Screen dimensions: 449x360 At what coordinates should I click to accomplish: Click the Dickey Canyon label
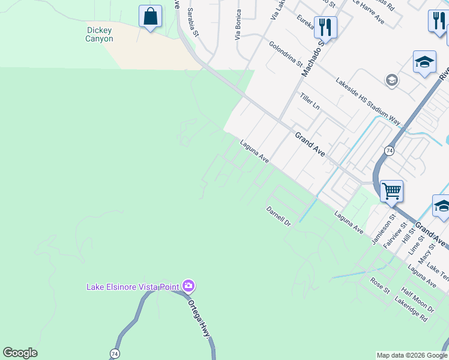[x=100, y=34]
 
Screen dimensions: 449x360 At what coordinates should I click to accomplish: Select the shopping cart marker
[x=391, y=191]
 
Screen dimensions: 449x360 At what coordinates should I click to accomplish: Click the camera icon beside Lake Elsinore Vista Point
[x=188, y=286]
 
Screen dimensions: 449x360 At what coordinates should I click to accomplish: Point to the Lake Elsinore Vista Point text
[x=133, y=287]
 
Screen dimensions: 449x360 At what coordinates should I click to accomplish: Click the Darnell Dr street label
[x=279, y=217]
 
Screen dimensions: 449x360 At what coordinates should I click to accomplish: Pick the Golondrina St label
[x=286, y=54]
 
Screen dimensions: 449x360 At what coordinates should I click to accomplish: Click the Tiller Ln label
[x=310, y=101]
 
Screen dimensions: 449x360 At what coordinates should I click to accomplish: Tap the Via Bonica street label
[x=239, y=23]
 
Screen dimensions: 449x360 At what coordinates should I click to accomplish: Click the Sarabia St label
[x=192, y=19]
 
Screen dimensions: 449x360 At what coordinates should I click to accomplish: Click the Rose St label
[x=379, y=286]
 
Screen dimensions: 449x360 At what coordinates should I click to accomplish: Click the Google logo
[x=20, y=353]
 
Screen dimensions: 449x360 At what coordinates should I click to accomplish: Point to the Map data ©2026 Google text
[x=412, y=355]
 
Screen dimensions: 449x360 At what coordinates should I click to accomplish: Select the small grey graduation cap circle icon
[x=392, y=80]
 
